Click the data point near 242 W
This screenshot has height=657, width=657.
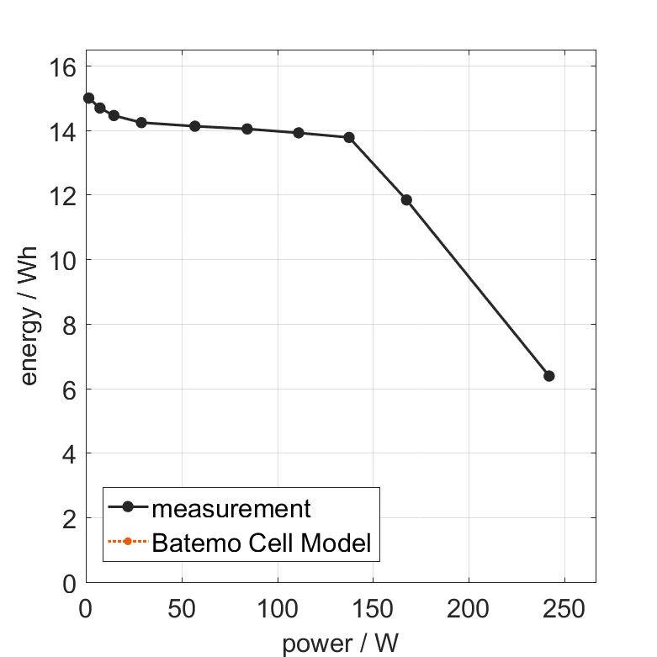tap(549, 376)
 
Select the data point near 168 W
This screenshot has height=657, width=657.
tap(406, 200)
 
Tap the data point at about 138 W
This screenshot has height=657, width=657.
tap(349, 137)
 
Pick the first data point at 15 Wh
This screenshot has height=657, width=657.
tap(88, 98)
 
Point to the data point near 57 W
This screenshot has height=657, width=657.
tap(195, 126)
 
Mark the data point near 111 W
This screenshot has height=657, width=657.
tap(299, 133)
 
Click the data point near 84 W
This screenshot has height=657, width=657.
tap(247, 129)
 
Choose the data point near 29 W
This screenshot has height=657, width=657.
tap(141, 123)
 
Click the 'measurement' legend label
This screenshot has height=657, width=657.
tap(231, 509)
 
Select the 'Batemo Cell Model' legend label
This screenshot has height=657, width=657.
tap(262, 543)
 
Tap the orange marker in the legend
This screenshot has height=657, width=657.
tap(127, 541)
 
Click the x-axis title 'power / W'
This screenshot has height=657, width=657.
tap(340, 644)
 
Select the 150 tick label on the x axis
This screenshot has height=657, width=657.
tap(373, 607)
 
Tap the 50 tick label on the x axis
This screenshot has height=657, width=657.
tap(181, 607)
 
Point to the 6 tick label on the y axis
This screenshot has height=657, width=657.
tap(67, 389)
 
